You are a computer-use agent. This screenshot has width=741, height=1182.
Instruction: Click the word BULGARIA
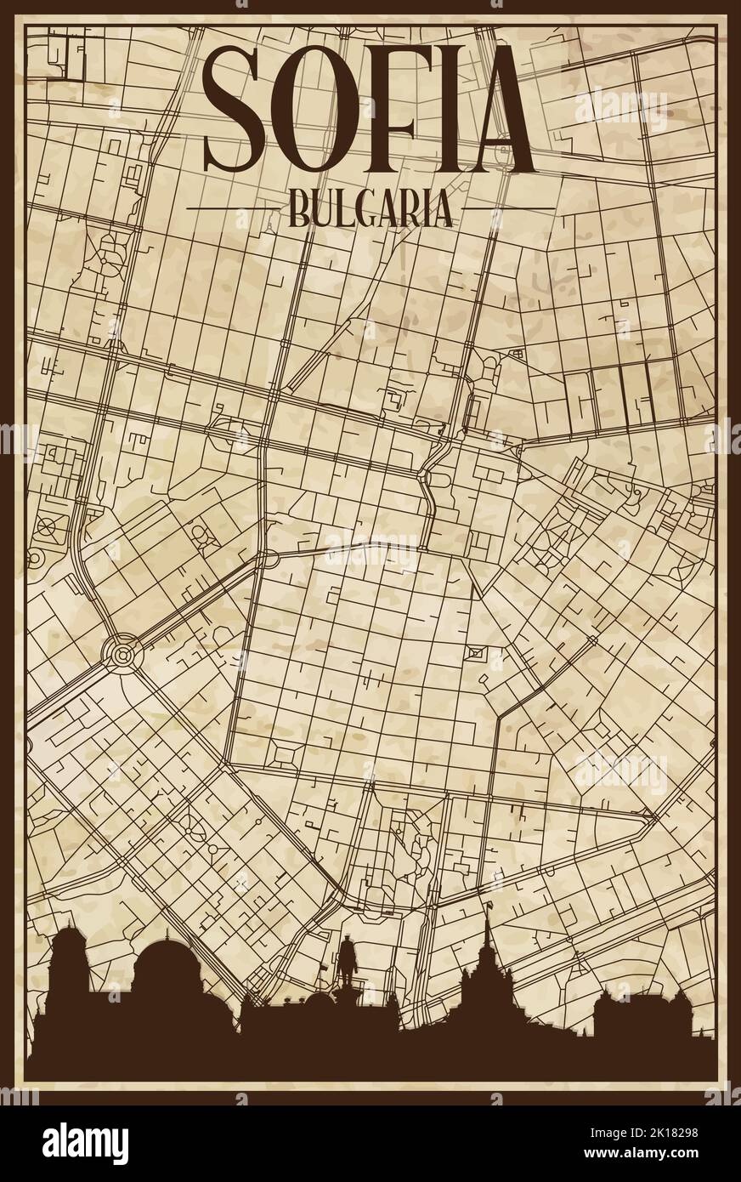tap(370, 207)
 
